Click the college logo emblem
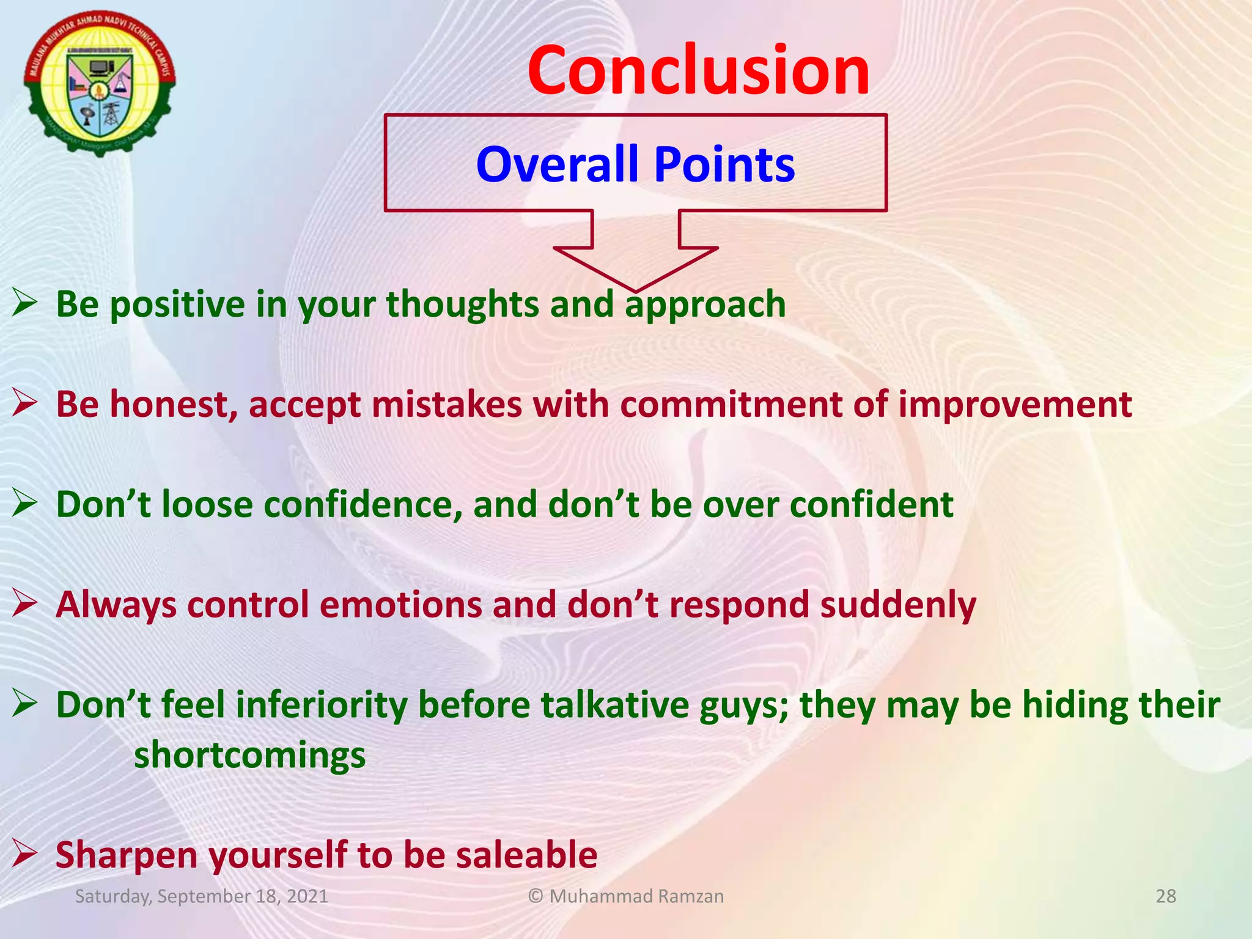(x=100, y=84)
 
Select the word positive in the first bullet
(x=177, y=304)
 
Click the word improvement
(x=1014, y=404)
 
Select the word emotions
(x=400, y=605)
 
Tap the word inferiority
(x=321, y=705)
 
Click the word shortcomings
(x=249, y=755)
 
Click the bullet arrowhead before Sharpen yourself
(x=25, y=853)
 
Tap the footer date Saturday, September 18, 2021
(x=201, y=896)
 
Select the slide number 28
(x=1166, y=896)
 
